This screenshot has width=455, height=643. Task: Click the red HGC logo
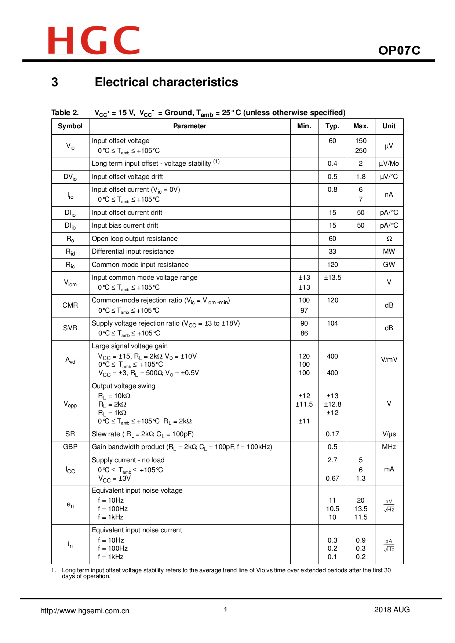tap(94, 40)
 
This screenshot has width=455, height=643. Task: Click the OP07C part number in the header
tap(399, 50)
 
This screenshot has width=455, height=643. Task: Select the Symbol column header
tap(70, 126)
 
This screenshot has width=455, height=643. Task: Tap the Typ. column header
tap(332, 126)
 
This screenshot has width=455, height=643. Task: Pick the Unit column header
tap(389, 126)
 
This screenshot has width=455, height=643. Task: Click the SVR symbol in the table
tap(70, 328)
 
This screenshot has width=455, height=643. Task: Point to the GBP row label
tap(70, 447)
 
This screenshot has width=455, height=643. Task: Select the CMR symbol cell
tap(70, 305)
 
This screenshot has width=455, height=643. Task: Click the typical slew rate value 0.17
tap(332, 434)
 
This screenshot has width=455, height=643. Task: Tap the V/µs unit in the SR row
tap(389, 434)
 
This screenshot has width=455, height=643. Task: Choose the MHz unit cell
tap(389, 447)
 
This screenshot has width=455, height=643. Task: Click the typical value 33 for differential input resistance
tap(332, 251)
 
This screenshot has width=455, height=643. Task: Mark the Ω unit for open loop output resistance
tap(389, 239)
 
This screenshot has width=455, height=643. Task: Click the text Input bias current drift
tap(125, 225)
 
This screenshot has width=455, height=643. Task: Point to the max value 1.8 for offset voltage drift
tap(360, 177)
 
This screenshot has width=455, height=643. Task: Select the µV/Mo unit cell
tap(389, 163)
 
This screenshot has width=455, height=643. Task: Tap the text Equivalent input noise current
tap(137, 530)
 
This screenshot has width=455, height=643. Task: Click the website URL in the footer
tap(85, 611)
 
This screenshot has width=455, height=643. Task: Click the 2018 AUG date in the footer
tap(392, 610)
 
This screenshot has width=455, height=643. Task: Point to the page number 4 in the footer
tap(225, 610)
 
